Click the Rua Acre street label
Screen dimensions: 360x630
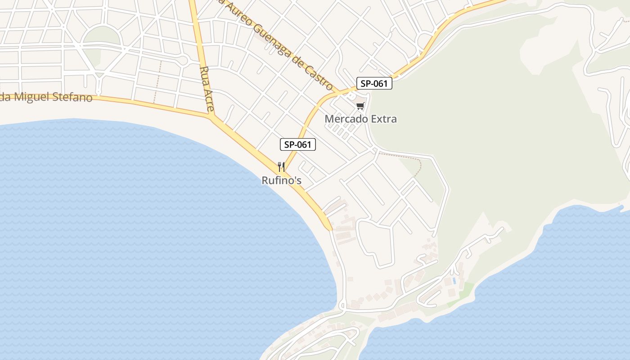coord(208,89)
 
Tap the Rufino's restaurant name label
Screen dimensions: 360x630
coord(281,180)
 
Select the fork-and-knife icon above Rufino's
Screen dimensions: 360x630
coord(281,167)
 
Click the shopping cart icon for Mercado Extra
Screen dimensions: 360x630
coord(360,106)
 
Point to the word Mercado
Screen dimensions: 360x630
coord(345,119)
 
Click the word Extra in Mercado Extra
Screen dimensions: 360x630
coord(382,119)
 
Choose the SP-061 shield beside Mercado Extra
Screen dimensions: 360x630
coord(374,83)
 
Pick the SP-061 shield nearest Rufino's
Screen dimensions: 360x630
coord(298,144)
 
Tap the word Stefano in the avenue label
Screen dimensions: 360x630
coord(71,98)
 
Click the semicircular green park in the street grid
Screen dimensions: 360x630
coord(102,37)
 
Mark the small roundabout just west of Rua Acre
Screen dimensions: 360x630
coord(182,60)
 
